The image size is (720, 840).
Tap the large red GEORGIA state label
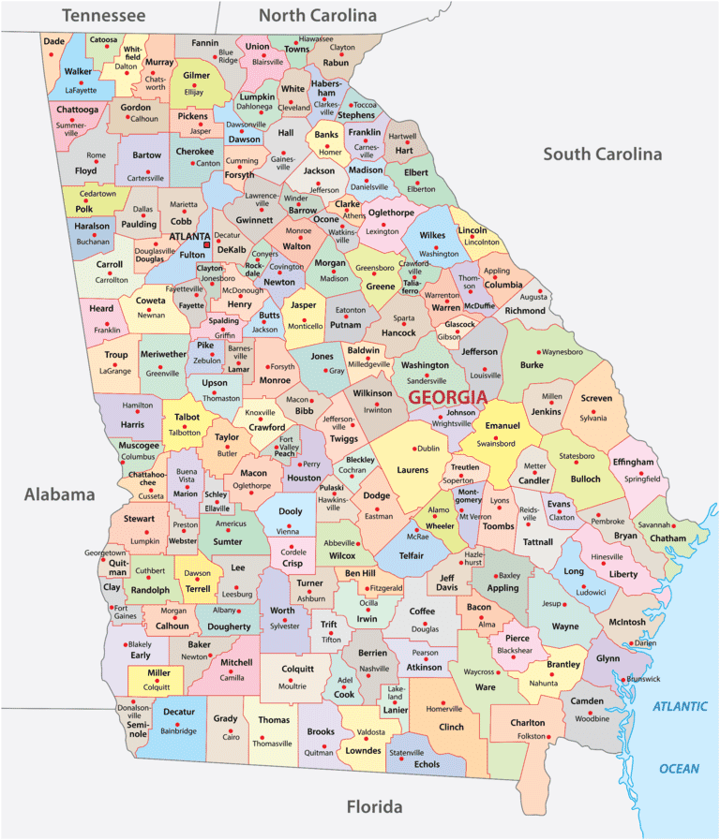point(447,396)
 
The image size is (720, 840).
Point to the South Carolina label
point(603,154)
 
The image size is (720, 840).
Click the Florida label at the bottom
point(374,806)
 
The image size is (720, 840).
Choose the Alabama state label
point(60,494)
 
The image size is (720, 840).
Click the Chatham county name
point(667,538)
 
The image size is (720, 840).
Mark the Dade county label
point(54,41)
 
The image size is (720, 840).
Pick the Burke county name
point(532,365)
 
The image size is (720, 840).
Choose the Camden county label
point(587,700)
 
